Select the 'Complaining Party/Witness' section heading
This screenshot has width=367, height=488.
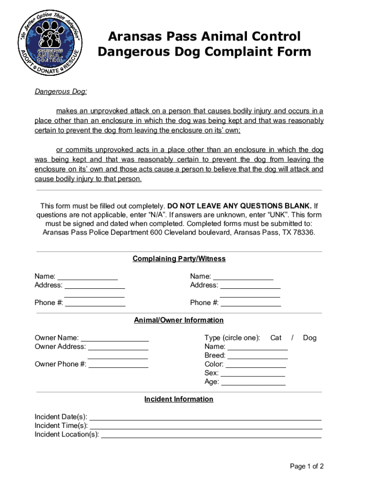(x=179, y=259)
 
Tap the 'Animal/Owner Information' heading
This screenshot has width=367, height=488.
(x=179, y=320)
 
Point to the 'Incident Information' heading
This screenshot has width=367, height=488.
(x=179, y=399)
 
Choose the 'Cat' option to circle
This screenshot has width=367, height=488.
(x=276, y=338)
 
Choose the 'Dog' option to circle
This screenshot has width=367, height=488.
(x=310, y=338)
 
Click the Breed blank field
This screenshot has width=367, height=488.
(x=257, y=356)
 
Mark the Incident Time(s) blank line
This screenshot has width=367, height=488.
(x=205, y=427)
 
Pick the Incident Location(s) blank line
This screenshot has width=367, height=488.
(x=211, y=435)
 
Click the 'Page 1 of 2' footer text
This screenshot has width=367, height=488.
(x=307, y=467)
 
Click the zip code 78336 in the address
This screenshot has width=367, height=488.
(x=303, y=233)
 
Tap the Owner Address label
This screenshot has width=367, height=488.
(x=60, y=347)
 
